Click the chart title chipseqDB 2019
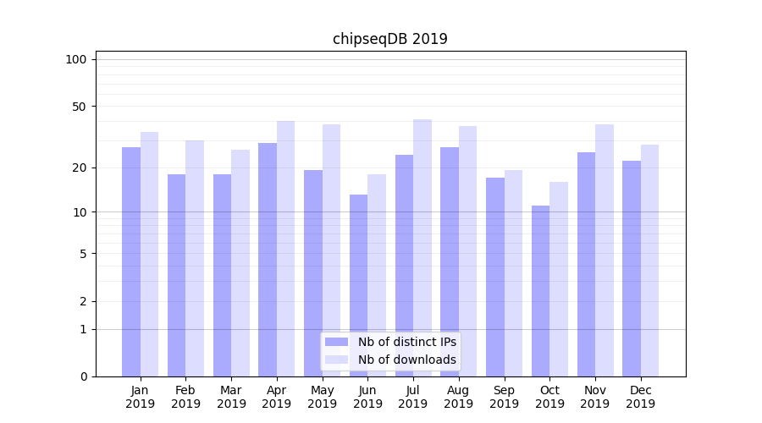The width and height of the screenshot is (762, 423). (x=389, y=39)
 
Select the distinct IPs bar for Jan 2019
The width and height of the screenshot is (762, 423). (x=131, y=262)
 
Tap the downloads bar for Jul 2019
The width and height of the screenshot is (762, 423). (x=422, y=248)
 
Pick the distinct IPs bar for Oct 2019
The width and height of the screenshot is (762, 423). (x=540, y=291)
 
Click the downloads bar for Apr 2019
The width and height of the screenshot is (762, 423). (x=285, y=249)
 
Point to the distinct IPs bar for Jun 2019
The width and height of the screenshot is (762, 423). (x=358, y=286)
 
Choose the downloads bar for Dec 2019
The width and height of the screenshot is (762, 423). (x=649, y=261)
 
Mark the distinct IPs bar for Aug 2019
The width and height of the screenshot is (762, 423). (x=450, y=262)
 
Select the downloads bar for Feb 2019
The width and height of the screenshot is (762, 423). (x=195, y=258)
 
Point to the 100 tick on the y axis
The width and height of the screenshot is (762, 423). (x=76, y=59)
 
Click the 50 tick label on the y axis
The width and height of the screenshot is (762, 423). (x=80, y=107)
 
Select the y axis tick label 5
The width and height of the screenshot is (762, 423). (x=83, y=254)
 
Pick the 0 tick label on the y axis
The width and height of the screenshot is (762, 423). (x=83, y=376)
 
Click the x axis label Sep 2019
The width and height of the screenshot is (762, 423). (x=504, y=397)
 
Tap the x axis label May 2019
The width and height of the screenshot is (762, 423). (x=322, y=397)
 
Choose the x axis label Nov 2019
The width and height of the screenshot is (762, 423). (x=595, y=397)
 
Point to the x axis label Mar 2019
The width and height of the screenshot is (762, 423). (x=231, y=397)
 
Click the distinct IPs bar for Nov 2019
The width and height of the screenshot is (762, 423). (x=586, y=264)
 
